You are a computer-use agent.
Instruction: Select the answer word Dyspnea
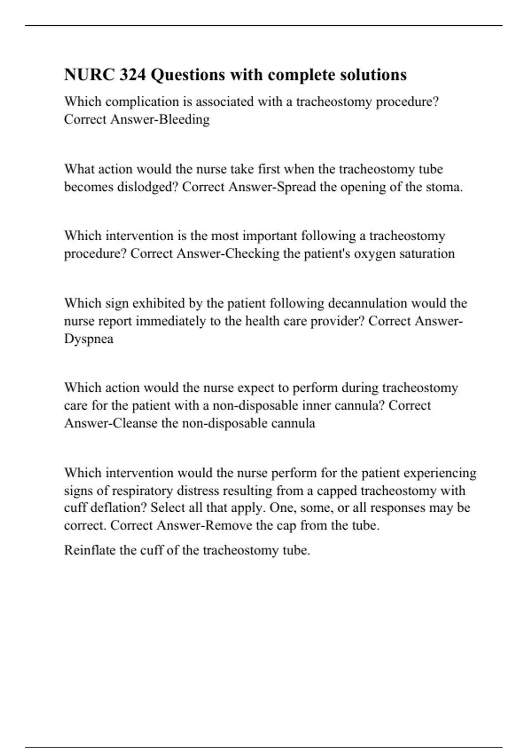[88, 339]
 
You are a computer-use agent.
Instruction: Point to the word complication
[142, 102]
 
